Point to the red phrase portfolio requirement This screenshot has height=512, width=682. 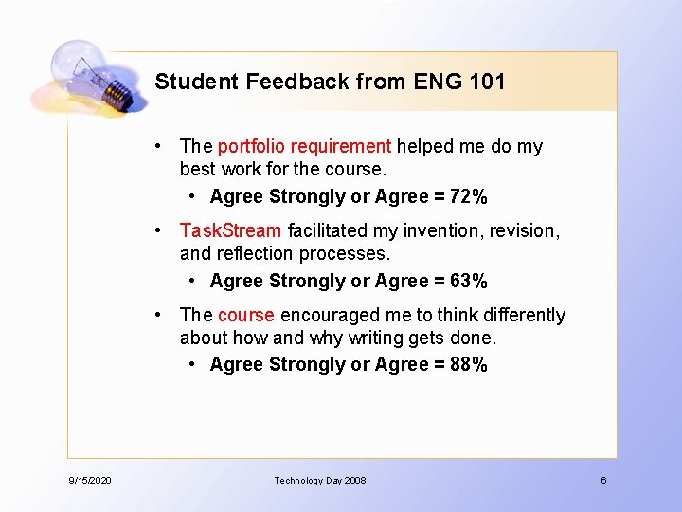tap(304, 146)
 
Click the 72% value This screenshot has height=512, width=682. tap(469, 197)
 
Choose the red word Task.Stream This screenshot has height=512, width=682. tap(231, 230)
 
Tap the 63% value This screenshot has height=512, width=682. tap(469, 282)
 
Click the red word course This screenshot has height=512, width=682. tap(246, 315)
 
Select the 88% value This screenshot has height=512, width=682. tap(469, 365)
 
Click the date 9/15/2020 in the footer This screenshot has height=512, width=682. tap(90, 481)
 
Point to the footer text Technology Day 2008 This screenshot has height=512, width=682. tap(320, 481)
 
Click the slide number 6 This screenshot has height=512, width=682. tap(603, 481)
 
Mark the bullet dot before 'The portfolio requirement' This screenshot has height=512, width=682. tap(164, 146)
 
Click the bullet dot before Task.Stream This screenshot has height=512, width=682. tap(164, 230)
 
